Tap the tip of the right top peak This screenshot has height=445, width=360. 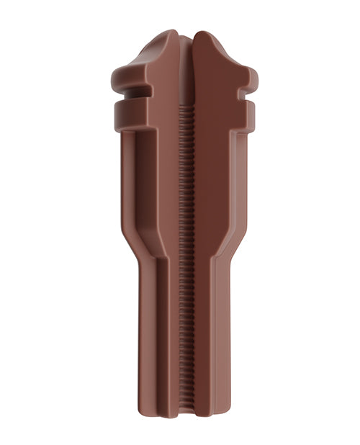coord(201,34)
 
